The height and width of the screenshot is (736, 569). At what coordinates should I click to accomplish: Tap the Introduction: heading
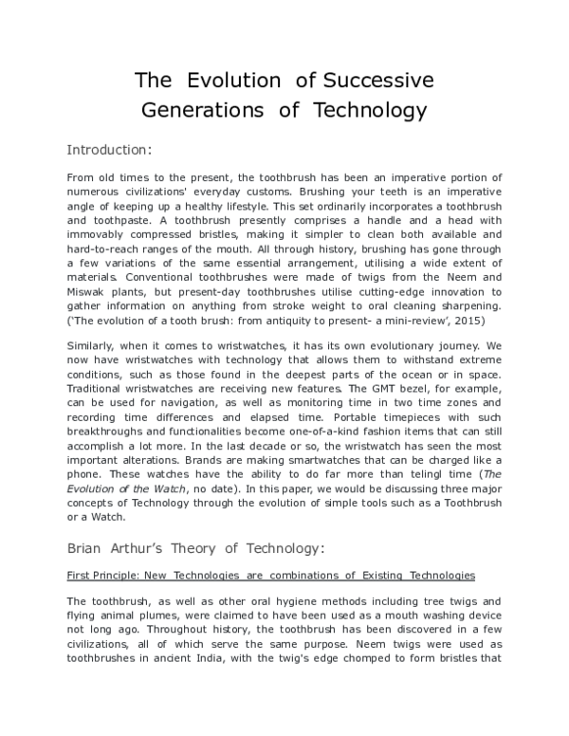pyautogui.click(x=109, y=149)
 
